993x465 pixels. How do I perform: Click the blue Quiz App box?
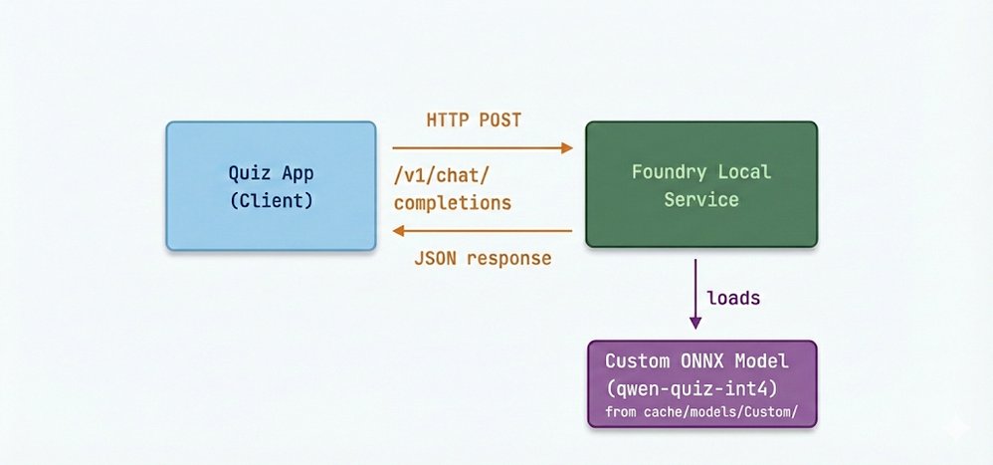coord(271,185)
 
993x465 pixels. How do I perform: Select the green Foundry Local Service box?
coord(700,185)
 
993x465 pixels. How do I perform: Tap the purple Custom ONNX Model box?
coord(700,384)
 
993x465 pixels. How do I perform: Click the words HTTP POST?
coord(474,120)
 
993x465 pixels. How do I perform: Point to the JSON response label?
coord(483,258)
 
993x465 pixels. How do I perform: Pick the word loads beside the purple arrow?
coord(735,298)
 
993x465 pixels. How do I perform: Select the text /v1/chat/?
coord(442,176)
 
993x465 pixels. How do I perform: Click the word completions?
coord(453,203)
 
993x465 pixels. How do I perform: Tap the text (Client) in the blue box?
coord(271,200)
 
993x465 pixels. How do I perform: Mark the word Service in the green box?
coord(701,199)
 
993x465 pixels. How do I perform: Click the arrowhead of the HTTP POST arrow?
coord(568,147)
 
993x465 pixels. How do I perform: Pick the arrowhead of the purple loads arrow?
coord(695,322)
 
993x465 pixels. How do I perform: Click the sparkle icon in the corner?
coord(959,428)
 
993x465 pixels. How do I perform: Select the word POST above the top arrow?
coord(500,120)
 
